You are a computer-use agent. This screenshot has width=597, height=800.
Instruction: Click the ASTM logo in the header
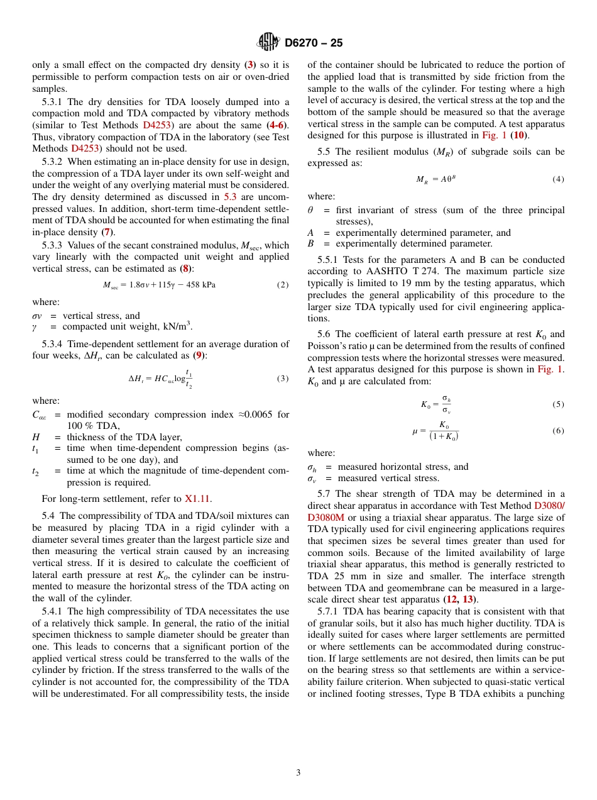268,43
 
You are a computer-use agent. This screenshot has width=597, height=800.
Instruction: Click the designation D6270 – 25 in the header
314,43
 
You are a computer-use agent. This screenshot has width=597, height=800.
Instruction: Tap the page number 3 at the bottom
298,773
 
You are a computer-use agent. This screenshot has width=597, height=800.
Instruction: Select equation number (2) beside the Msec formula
283,285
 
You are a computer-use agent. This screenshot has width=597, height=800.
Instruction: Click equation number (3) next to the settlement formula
283,379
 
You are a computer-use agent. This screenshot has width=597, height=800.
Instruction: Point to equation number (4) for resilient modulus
558,179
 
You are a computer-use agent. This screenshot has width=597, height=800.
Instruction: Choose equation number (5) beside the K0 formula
558,404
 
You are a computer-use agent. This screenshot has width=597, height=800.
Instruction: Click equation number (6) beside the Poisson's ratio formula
558,431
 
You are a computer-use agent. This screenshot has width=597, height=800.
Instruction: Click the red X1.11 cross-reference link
197,499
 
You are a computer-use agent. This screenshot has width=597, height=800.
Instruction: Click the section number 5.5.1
328,260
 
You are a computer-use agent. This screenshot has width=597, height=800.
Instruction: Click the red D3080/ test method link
549,506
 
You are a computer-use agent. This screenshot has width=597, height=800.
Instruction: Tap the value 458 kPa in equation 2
202,285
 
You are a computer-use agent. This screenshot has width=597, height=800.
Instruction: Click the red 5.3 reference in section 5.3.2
230,197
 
